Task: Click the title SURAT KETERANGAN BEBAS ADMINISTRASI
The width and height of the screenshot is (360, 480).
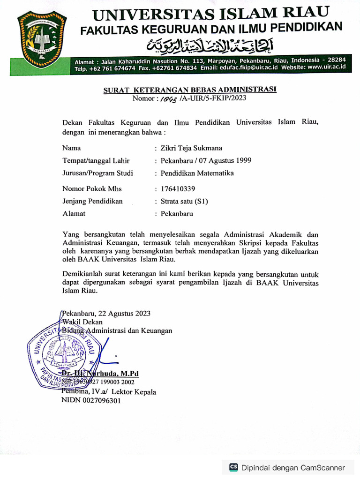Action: point(190,90)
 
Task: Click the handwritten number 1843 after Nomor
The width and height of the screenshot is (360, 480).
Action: point(168,98)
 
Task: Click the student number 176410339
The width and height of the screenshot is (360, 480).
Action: point(178,189)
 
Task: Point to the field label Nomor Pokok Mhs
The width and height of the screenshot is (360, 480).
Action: point(92,189)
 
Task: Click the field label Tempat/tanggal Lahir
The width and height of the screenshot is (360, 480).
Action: point(96,160)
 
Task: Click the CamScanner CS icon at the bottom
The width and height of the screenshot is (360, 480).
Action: point(233,467)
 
